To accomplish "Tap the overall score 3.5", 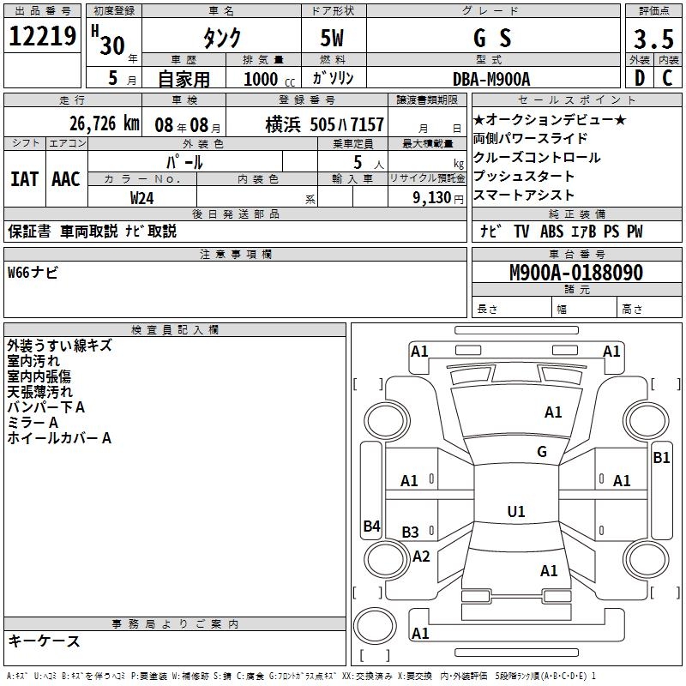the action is tap(653, 39).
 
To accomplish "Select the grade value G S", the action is tap(492, 39).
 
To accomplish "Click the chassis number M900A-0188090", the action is tap(575, 273).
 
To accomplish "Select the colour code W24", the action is tap(142, 197).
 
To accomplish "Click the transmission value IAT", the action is tap(24, 178).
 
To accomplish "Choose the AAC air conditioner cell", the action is tap(65, 178).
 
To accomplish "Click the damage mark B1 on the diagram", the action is tap(661, 458).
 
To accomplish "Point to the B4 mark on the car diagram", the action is tap(371, 527).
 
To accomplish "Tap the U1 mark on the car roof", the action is tap(516, 512).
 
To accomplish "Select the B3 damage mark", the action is tap(411, 533).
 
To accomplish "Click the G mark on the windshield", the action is tap(541, 452).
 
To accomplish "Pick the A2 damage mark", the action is tap(421, 557).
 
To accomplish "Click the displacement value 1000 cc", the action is tap(261, 79).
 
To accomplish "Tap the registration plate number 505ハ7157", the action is tap(346, 124).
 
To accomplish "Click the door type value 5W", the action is tap(334, 39).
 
